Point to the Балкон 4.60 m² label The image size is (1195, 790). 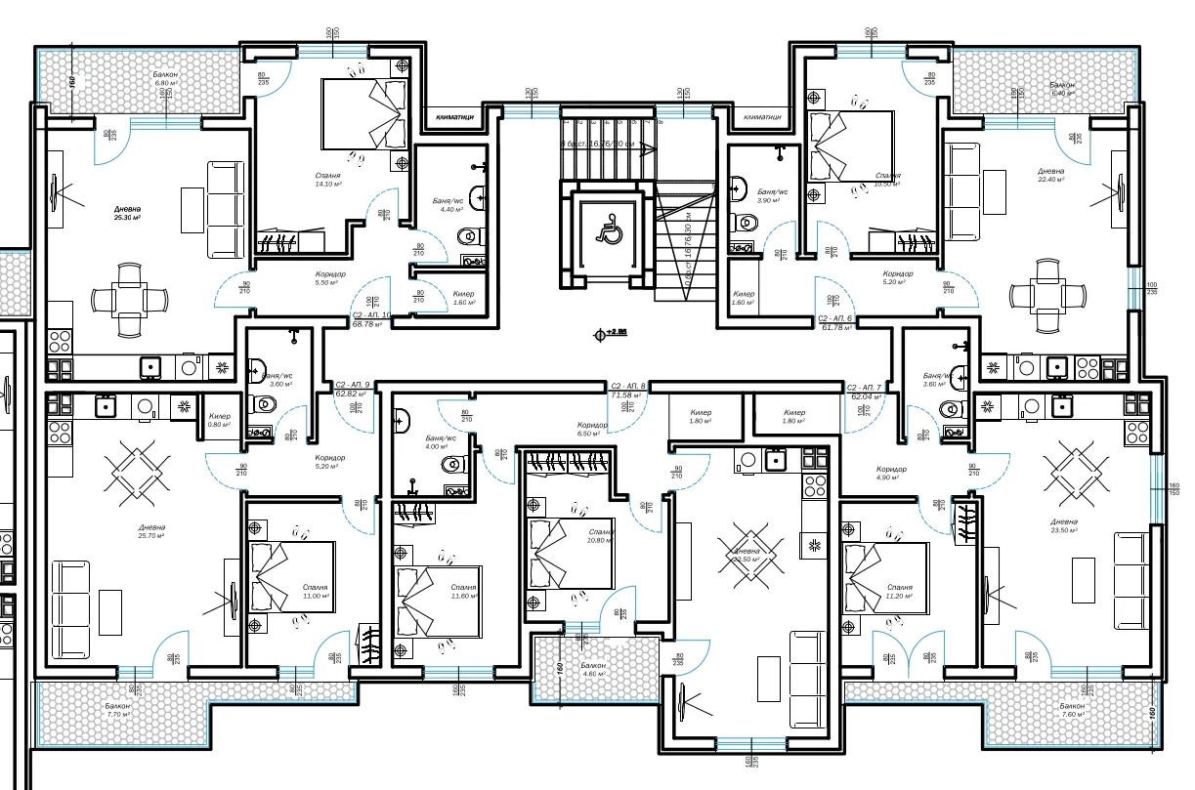[591, 669]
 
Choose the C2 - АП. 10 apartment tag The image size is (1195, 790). [371, 315]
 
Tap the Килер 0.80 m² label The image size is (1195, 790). [219, 420]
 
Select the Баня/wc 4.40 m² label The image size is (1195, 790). [450, 204]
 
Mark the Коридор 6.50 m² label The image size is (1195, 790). [592, 429]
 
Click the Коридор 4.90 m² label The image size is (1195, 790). [890, 474]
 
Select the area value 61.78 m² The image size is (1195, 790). [836, 329]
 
